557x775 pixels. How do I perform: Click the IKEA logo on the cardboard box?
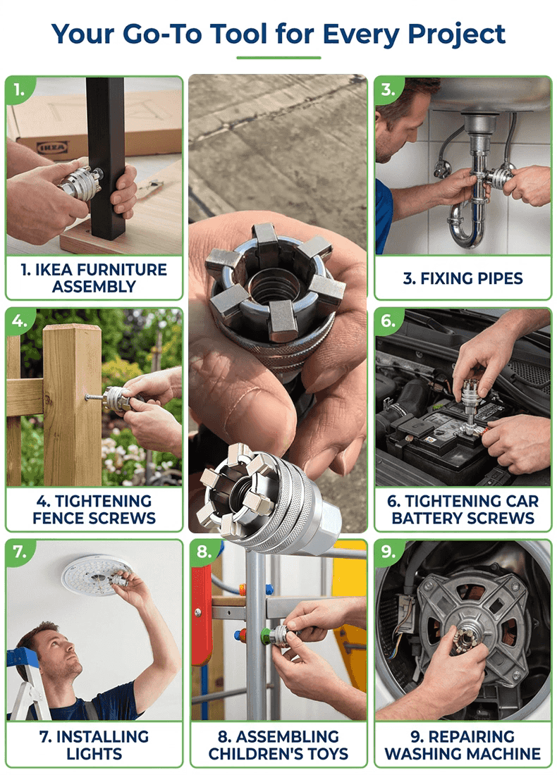point(52,147)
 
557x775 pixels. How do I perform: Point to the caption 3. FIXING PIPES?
point(463,278)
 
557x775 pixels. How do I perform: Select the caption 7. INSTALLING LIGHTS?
point(94,744)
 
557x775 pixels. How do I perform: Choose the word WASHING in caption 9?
point(427,754)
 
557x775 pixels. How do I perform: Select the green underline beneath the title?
point(278,58)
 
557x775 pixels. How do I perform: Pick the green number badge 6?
point(388,321)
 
